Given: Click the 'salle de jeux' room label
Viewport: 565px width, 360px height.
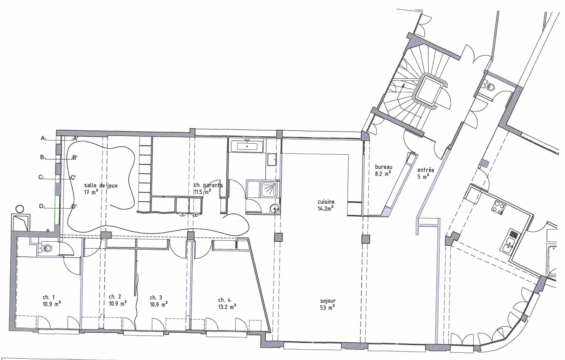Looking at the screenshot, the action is pos(101,186).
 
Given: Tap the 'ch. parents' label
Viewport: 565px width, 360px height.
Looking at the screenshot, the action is pos(208,185).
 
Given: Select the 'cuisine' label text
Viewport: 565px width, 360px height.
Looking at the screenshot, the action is pos(326,202).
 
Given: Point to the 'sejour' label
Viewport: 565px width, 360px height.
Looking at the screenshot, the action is pos(328,301).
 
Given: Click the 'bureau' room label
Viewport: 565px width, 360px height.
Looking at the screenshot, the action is pos(383,167).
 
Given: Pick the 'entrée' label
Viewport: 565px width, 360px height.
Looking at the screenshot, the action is pos(426,170).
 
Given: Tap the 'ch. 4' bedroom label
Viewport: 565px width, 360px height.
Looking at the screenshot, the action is pos(224,300).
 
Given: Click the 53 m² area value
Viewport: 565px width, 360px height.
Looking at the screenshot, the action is pos(328,308).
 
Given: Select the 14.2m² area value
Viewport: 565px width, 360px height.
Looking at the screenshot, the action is pos(326,208).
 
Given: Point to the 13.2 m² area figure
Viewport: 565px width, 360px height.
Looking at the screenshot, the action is pos(227,307).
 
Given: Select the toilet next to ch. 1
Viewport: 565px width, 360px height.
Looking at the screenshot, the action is pos(46,248).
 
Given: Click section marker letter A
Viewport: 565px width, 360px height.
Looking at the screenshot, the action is pos(43,138).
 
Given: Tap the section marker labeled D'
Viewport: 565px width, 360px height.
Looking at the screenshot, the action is pos(74,206).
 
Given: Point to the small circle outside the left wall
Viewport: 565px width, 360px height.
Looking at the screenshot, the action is pos(20,209).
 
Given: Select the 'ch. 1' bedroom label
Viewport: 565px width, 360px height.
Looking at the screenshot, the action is pos(49,297).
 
